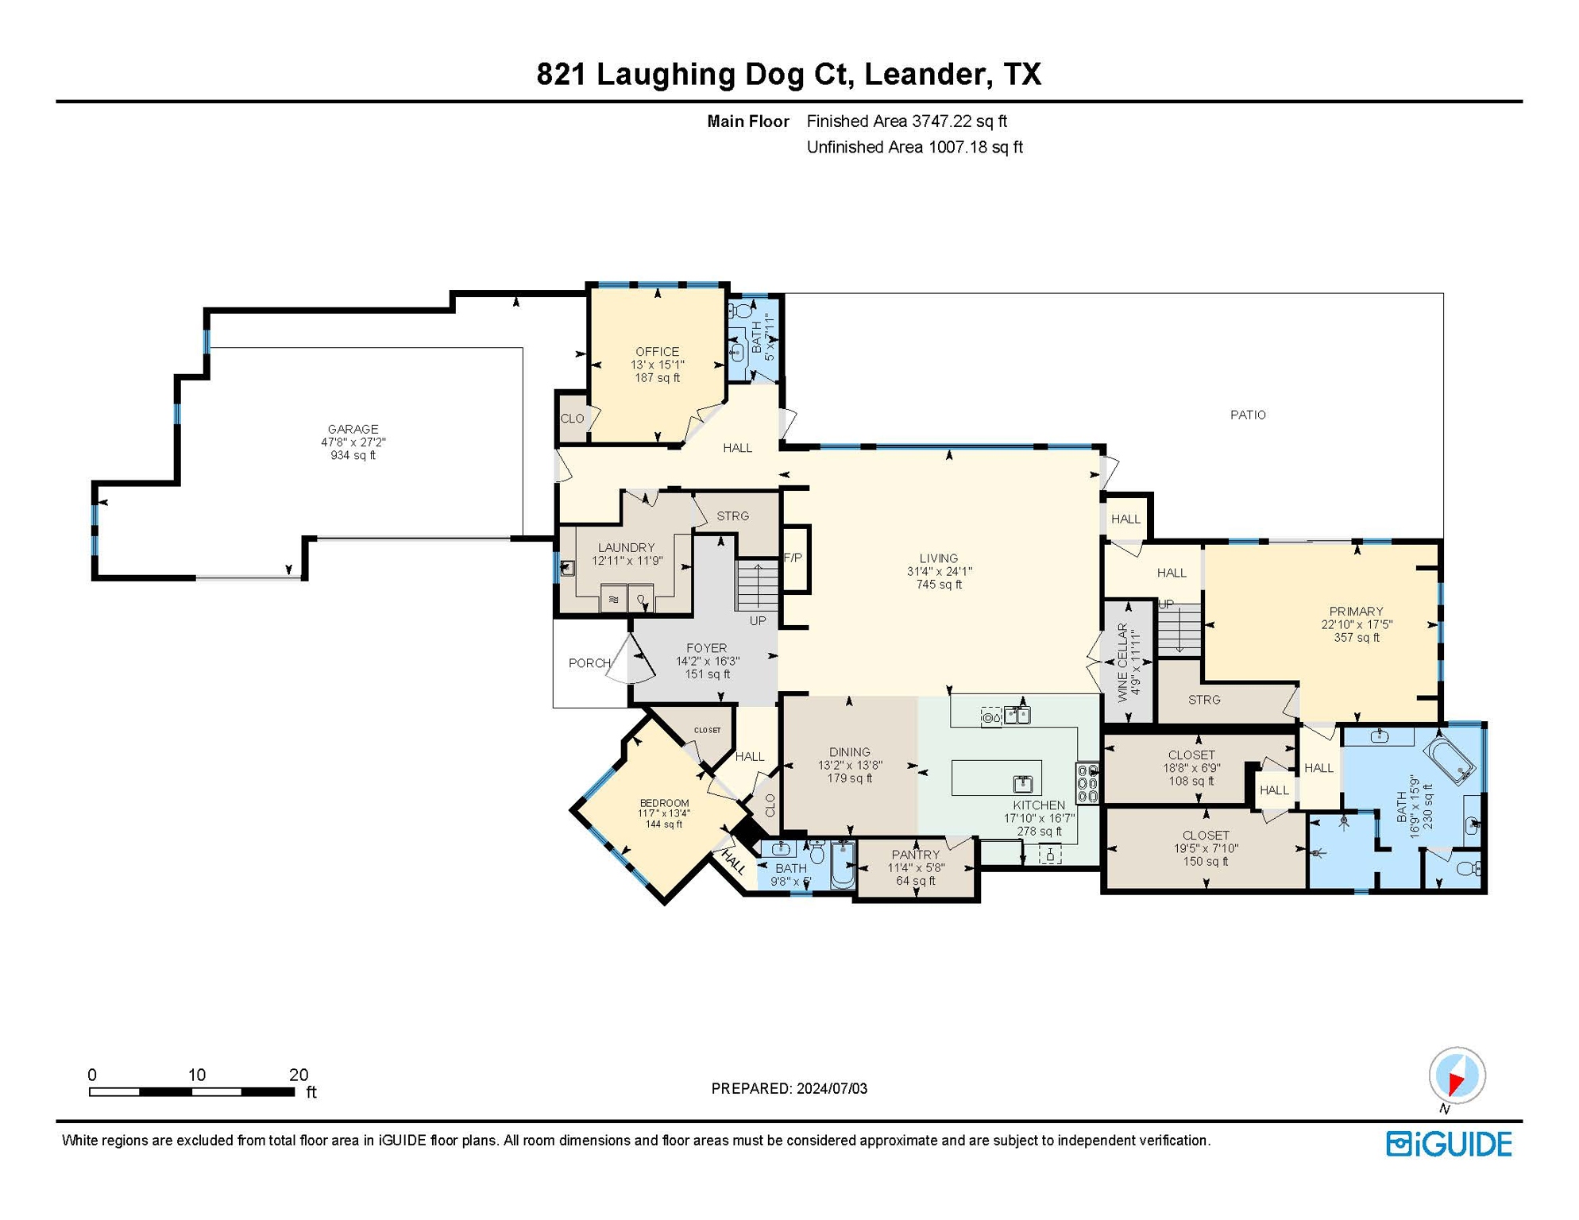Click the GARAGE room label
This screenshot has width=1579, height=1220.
[353, 430]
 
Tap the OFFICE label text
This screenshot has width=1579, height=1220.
[657, 352]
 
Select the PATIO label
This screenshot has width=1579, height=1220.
[1248, 415]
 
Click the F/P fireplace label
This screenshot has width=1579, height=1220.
[793, 558]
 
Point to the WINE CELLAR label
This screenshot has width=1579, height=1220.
[1122, 662]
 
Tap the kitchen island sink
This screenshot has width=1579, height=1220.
[1023, 785]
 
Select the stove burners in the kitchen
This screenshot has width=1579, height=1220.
[1087, 783]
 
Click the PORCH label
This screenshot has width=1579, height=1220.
[589, 663]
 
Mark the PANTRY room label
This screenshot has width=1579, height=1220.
[915, 855]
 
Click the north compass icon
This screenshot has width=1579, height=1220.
[1457, 1075]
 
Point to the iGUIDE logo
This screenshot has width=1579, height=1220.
[1449, 1145]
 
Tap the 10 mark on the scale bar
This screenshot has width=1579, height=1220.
[196, 1075]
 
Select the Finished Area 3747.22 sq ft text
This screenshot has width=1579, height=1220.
[906, 122]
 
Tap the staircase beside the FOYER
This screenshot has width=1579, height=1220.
[757, 585]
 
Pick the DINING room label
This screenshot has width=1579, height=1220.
[849, 752]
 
